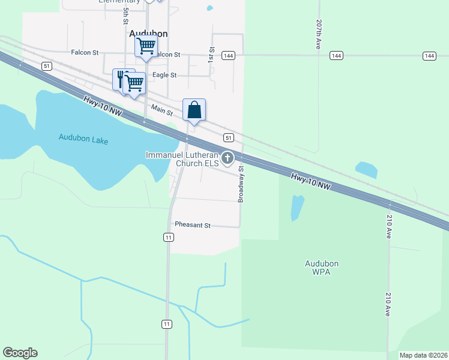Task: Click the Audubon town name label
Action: [148, 34]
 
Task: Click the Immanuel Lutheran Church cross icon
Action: [228, 158]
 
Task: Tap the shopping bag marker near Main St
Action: [194, 110]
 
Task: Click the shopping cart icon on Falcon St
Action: [146, 46]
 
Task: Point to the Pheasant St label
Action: [192, 225]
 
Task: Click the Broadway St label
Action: [241, 184]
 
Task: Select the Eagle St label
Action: [164, 75]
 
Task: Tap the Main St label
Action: [162, 110]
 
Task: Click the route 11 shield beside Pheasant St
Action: [169, 238]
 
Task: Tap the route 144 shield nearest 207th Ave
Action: [336, 56]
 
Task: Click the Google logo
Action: [20, 353]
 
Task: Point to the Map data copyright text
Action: [423, 355]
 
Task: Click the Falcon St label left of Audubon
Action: [85, 53]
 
